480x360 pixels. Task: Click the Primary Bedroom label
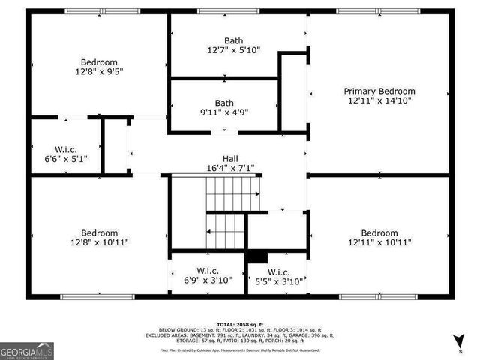pos(381,91)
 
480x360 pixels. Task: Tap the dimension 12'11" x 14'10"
pos(381,100)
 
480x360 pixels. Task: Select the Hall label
pos(230,158)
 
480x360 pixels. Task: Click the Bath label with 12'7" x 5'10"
pos(234,40)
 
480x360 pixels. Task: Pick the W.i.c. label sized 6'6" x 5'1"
pos(66,149)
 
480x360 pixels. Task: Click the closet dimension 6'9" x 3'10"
pos(207,280)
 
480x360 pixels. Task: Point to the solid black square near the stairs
pos(256,259)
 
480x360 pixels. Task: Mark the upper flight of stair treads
pos(233,194)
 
